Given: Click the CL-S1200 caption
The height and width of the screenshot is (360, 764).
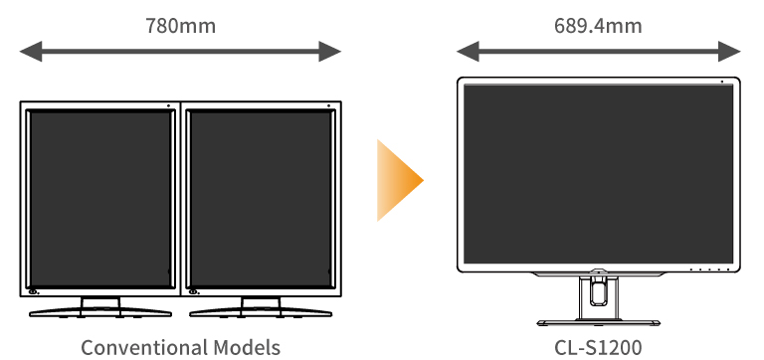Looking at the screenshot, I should coord(598,347).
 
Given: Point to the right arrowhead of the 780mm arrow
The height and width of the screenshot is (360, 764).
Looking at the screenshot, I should coord(332,51).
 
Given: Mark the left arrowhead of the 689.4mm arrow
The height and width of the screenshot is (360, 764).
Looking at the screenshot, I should coord(465,51).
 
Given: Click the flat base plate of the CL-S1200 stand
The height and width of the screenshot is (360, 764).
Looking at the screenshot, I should coord(598,322).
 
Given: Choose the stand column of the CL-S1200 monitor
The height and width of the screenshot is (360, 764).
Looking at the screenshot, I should coord(598,294).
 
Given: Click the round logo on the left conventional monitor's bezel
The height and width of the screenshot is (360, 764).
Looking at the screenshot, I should coord(34,290).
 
